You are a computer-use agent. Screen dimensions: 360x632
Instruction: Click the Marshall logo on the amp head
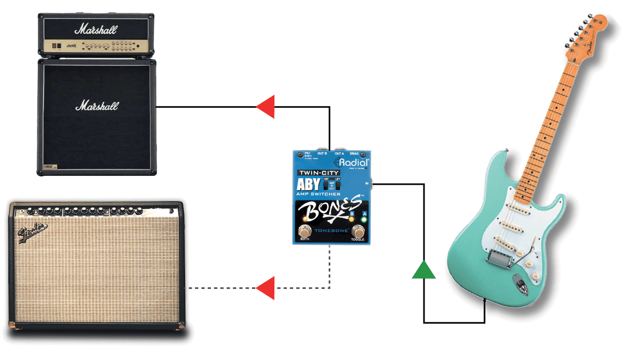95,28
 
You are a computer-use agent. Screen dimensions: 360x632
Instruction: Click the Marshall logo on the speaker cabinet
97,105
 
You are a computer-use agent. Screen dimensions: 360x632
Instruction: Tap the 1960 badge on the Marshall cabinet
50,167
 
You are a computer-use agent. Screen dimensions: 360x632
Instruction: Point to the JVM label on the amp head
71,46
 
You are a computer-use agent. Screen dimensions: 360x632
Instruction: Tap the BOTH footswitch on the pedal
305,232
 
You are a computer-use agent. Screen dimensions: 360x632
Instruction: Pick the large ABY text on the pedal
309,184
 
